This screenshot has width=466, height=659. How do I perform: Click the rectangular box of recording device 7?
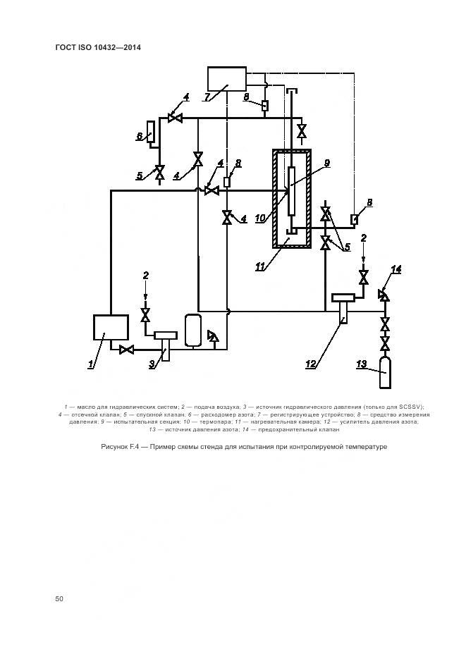[227, 79]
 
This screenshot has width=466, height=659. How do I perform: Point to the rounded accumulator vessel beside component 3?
[193, 330]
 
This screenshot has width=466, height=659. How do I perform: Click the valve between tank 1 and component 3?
[128, 350]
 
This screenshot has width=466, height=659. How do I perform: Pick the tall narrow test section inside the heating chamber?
[290, 191]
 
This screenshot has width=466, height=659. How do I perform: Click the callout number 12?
[310, 364]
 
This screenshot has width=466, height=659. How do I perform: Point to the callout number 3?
[152, 364]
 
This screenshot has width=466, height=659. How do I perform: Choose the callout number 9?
[326, 164]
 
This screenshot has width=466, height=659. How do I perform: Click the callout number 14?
[396, 269]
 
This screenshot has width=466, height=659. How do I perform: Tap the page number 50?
[59, 599]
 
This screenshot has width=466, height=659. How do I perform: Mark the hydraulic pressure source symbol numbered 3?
[165, 342]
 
